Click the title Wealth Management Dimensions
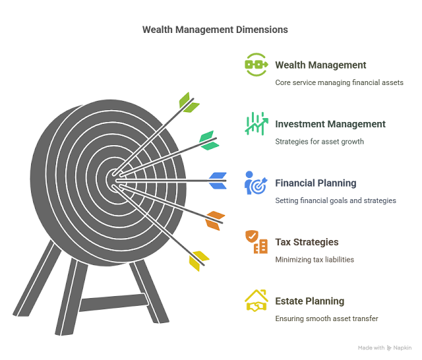(215, 30)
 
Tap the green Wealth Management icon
(256, 65)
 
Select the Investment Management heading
(330, 124)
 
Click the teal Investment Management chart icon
(256, 123)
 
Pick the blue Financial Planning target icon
(256, 183)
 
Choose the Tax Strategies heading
(307, 242)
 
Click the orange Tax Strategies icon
(256, 242)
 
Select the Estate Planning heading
(309, 301)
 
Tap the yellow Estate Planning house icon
(256, 301)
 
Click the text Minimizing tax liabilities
(315, 260)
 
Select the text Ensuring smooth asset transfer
(326, 319)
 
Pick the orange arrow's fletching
(214, 220)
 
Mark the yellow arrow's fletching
(198, 260)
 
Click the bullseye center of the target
(112, 179)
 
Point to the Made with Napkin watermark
(385, 347)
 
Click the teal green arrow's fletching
(208, 138)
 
